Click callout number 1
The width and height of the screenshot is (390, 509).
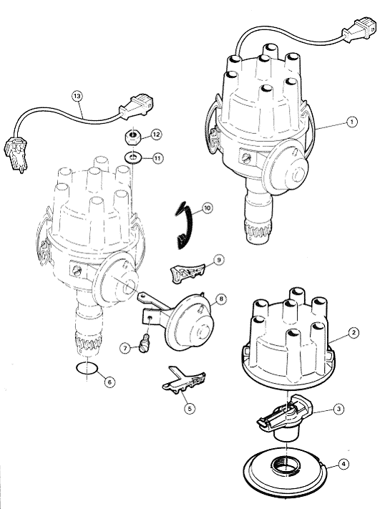click(351, 122)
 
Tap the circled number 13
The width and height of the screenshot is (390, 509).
click(77, 96)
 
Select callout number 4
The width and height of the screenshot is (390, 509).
click(343, 464)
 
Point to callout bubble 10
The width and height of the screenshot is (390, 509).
click(207, 208)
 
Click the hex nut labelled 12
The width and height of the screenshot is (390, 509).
click(132, 137)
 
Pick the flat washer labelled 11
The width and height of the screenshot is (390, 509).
click(132, 158)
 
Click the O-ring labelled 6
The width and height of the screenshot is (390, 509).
click(87, 369)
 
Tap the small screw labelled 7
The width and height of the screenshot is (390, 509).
click(145, 344)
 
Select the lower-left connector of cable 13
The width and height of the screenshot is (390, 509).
click(15, 154)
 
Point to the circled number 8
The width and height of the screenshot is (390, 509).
click(221, 299)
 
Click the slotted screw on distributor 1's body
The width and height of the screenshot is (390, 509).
click(246, 157)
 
